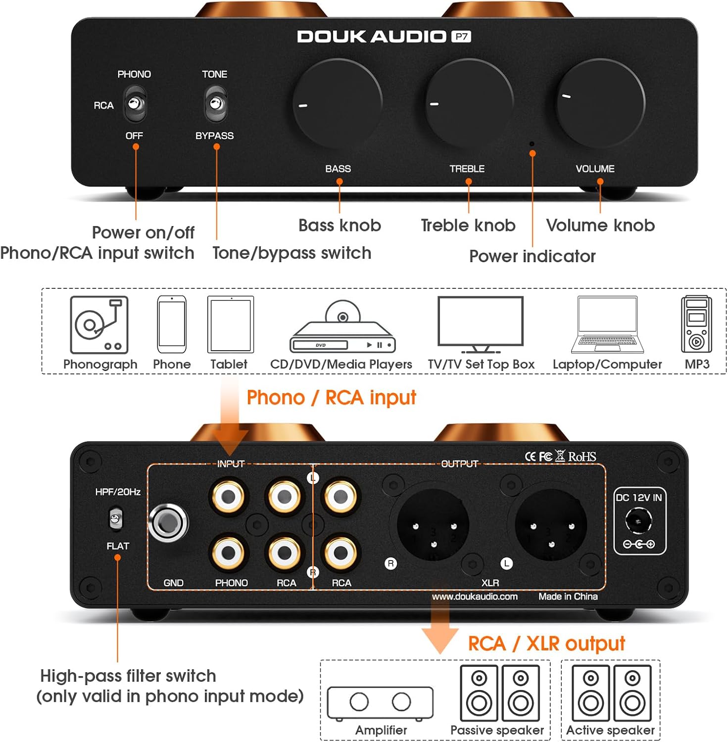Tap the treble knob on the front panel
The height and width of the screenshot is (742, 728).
(469, 102)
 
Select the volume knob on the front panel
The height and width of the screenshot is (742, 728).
(601, 103)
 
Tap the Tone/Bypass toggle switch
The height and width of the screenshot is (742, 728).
(215, 104)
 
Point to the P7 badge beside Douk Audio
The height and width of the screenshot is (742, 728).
(461, 37)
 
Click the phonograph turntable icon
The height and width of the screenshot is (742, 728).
(99, 325)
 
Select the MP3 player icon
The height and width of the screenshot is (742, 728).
(696, 324)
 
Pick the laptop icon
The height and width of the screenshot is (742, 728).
(607, 325)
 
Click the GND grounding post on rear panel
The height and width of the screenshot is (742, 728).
(169, 523)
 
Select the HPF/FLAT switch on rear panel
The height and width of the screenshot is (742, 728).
(115, 519)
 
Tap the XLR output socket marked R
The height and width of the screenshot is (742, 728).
(434, 525)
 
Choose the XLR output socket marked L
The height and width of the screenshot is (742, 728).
(551, 525)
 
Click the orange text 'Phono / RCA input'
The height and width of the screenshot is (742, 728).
(331, 398)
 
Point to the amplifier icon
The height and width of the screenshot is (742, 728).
(380, 702)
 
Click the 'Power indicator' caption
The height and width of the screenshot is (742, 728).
(532, 256)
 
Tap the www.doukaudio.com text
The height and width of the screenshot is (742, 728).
(475, 597)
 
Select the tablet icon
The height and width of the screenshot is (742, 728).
(231, 325)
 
